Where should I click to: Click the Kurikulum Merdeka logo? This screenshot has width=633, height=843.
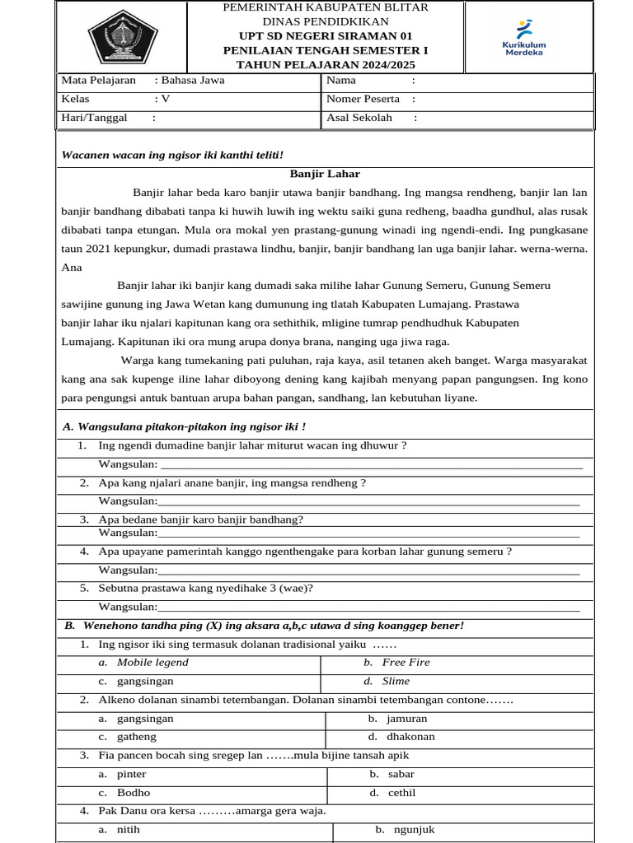pyautogui.click(x=524, y=38)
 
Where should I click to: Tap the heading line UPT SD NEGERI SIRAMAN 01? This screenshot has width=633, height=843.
pyautogui.click(x=326, y=35)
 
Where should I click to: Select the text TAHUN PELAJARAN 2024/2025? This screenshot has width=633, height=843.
pyautogui.click(x=326, y=64)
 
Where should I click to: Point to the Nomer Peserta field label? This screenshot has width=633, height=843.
pyautogui.click(x=363, y=99)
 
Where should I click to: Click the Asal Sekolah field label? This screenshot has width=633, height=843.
pyautogui.click(x=359, y=118)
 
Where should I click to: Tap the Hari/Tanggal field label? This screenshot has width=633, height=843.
pyautogui.click(x=95, y=118)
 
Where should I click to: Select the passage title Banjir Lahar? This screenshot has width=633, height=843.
pyautogui.click(x=325, y=174)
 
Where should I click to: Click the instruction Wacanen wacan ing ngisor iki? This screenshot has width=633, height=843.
pyautogui.click(x=172, y=155)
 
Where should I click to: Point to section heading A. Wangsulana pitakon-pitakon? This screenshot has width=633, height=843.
pyautogui.click(x=185, y=426)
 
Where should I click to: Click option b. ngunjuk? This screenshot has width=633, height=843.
pyautogui.click(x=409, y=830)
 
